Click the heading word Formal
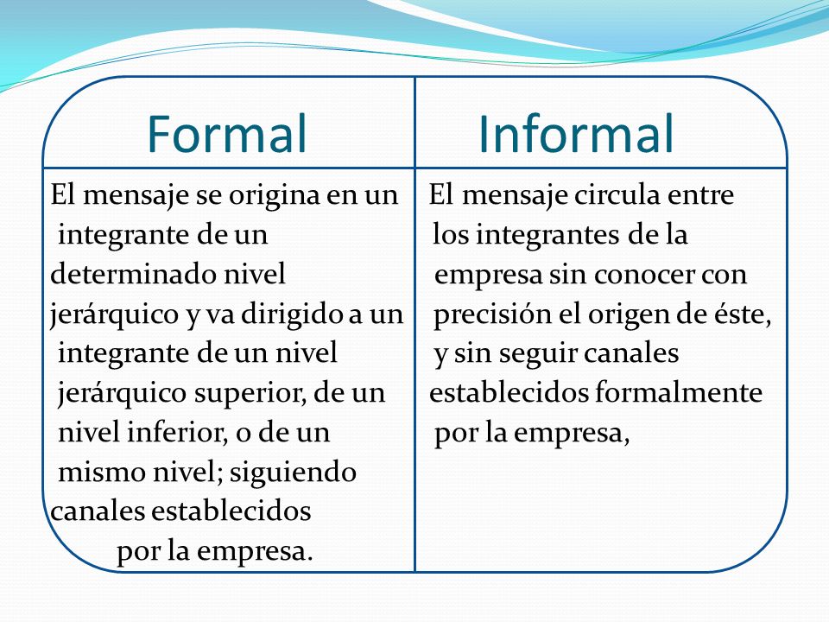(x=227, y=133)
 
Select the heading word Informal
(x=576, y=133)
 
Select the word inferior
(x=178, y=433)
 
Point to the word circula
(x=617, y=195)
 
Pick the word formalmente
(x=679, y=394)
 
